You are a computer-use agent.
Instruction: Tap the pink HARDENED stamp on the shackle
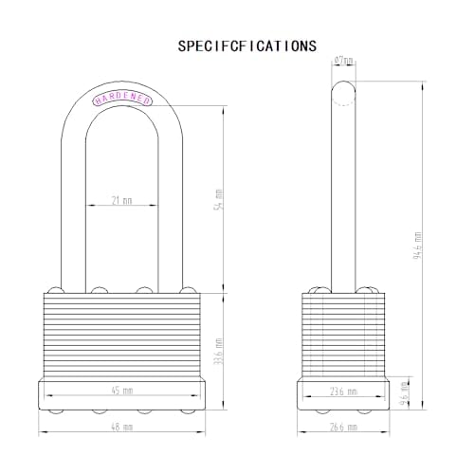pyautogui.click(x=119, y=98)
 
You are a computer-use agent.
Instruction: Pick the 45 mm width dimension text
pyautogui.click(x=120, y=390)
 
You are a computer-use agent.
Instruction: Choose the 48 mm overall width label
pyautogui.click(x=120, y=428)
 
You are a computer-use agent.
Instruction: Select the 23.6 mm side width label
pyautogui.click(x=343, y=390)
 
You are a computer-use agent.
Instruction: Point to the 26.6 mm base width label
pyautogui.click(x=343, y=428)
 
